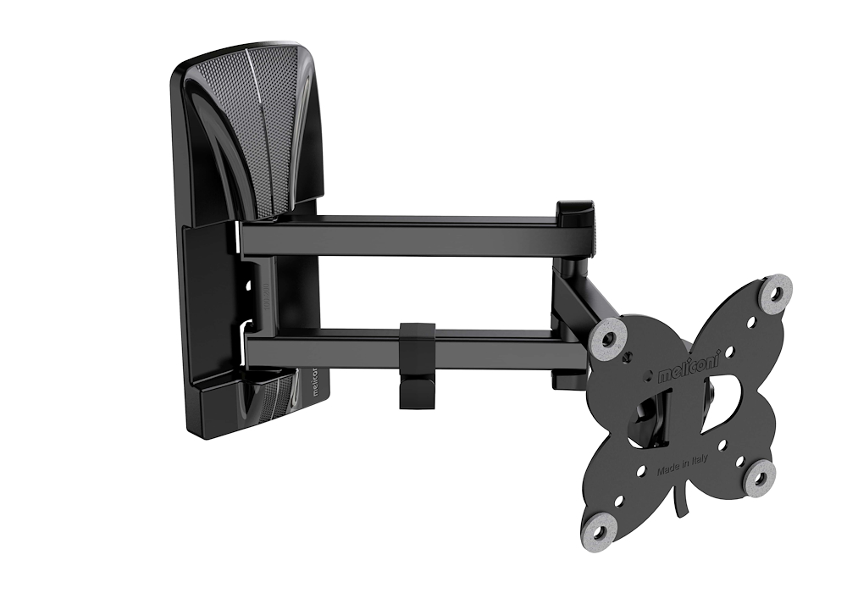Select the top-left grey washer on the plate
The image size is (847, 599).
(608, 336)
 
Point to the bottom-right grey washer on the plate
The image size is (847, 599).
(760, 479)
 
